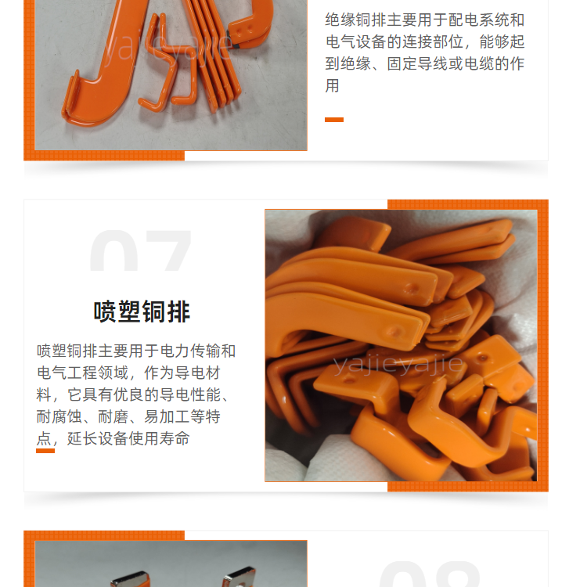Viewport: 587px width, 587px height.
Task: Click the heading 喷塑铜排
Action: click(142, 312)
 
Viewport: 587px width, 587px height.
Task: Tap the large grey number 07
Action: click(141, 250)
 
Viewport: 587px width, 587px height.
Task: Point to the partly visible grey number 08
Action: click(429, 574)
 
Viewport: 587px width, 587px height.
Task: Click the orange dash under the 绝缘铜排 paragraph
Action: click(334, 120)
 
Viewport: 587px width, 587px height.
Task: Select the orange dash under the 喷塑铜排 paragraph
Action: click(45, 451)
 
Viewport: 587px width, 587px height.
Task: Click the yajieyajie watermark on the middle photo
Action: click(398, 364)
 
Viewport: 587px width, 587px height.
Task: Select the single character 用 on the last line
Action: click(333, 86)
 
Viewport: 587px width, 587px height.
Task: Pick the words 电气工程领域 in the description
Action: click(83, 373)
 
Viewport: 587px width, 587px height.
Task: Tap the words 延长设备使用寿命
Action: click(128, 438)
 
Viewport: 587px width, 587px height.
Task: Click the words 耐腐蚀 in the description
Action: click(59, 416)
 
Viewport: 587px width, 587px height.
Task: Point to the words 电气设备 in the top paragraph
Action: click(355, 42)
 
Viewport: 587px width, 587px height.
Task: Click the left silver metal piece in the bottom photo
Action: click(131, 579)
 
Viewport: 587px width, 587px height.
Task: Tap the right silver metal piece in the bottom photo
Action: click(239, 578)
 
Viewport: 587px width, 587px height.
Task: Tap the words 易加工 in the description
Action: click(167, 416)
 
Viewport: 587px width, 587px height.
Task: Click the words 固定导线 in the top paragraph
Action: click(417, 64)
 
